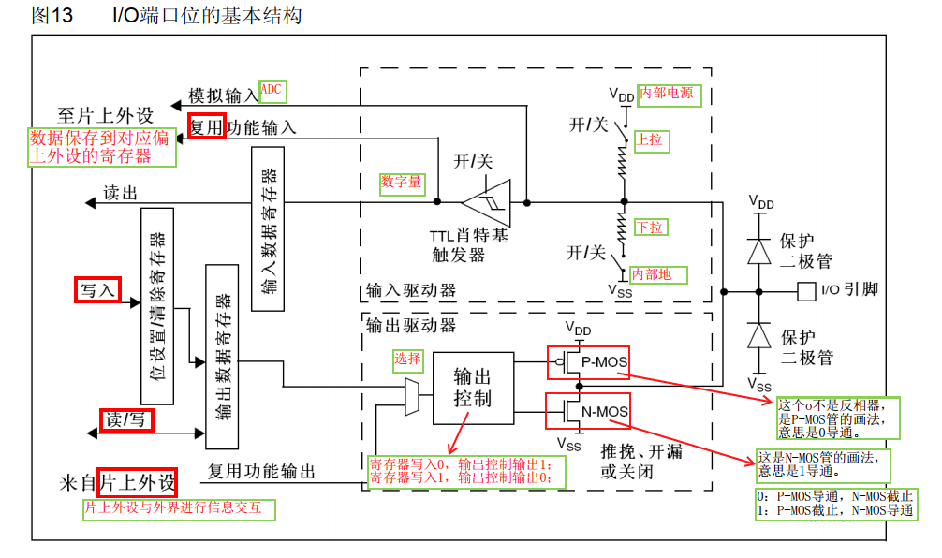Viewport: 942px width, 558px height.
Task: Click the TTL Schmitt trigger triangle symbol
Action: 487,201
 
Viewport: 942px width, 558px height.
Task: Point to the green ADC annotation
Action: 272,90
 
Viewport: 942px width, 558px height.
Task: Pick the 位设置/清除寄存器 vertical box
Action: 157,305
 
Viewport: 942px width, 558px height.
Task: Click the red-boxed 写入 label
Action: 96,290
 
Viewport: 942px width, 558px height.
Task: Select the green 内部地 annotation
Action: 657,275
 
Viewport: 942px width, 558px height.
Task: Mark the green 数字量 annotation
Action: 401,183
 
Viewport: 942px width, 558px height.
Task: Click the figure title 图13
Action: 52,16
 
